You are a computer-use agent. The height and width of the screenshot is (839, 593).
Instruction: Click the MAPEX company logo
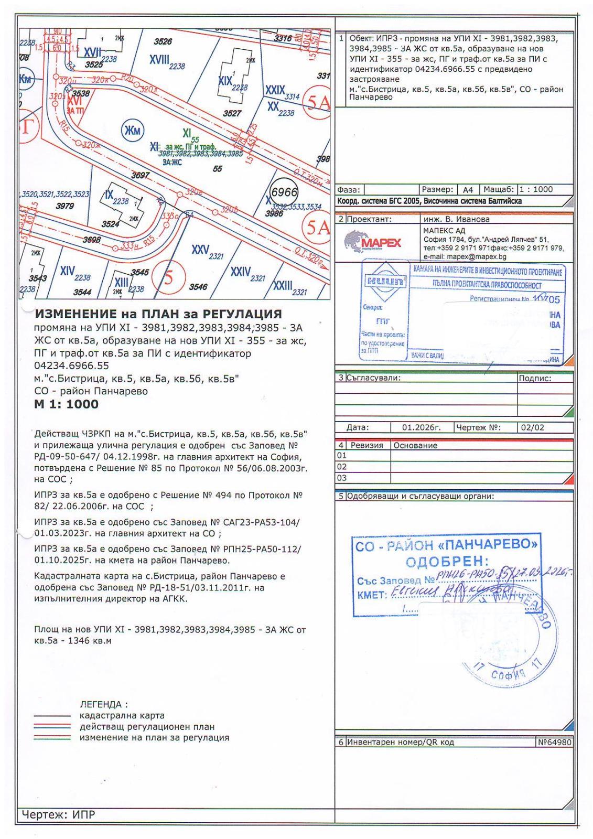click(373, 242)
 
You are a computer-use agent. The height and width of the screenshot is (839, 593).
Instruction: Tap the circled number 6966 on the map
click(284, 193)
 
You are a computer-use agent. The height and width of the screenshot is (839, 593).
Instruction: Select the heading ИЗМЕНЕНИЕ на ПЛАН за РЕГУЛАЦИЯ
click(158, 314)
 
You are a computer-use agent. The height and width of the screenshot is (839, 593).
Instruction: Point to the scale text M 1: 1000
click(66, 404)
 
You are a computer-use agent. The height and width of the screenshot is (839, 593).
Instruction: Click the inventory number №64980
click(554, 742)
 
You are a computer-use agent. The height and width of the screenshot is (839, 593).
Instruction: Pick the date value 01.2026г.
click(421, 427)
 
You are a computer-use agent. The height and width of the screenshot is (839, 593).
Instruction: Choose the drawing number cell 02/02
click(533, 427)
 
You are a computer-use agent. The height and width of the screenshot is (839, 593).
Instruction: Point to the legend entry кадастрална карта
click(122, 715)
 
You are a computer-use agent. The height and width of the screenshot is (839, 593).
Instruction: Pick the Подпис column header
click(535, 378)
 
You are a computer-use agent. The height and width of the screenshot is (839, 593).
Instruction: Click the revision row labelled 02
click(342, 467)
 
